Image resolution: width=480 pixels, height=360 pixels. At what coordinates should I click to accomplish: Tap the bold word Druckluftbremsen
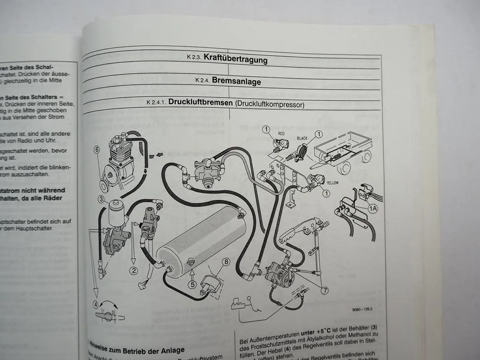[197, 102]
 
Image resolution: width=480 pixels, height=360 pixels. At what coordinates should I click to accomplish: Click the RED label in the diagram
[281, 133]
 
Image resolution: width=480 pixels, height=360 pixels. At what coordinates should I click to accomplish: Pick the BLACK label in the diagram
[302, 139]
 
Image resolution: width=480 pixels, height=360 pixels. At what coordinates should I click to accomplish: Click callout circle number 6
[97, 150]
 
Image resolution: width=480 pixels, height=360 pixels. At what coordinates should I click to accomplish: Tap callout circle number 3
[101, 199]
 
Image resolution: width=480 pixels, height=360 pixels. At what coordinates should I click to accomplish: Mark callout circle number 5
[192, 283]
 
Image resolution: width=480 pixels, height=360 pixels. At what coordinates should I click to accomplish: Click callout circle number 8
[226, 262]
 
